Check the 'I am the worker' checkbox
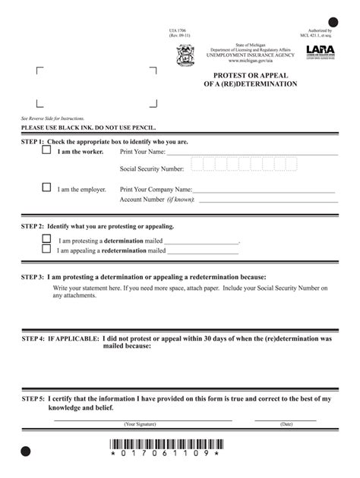[46, 151]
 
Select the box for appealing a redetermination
[46, 248]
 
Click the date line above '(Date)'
[286, 418]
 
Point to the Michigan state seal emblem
[185, 55]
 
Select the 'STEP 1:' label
[33, 142]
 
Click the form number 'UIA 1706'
[177, 31]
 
